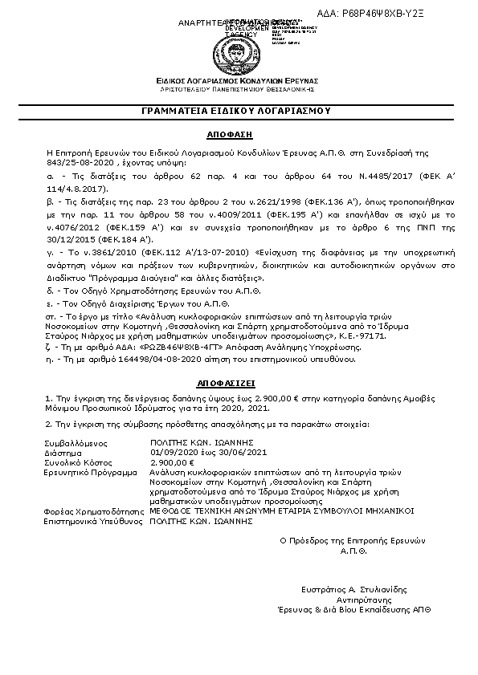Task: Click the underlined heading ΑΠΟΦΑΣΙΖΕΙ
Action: [239, 384]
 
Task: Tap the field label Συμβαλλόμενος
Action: [76, 443]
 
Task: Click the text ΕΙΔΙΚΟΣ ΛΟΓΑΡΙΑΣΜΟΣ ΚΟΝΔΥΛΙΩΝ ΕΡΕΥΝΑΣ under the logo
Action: [239, 81]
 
